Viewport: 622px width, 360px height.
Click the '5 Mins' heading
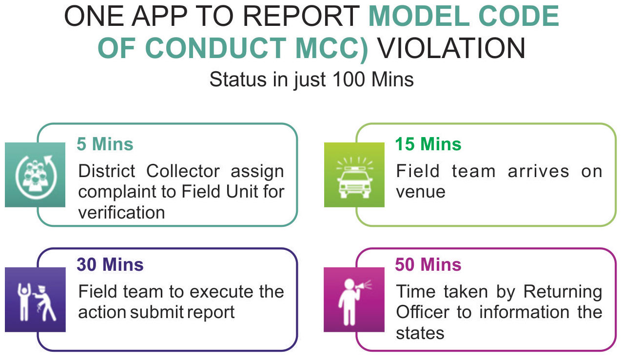point(105,144)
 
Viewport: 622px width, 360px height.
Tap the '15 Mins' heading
point(428,144)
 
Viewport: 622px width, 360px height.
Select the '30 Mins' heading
point(110,264)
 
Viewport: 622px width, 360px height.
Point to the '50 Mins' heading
point(428,264)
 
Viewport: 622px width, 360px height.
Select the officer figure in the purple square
point(44,303)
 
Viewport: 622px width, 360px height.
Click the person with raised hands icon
point(23,302)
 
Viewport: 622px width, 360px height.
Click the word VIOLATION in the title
point(451,48)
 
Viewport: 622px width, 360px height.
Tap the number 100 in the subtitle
point(349,80)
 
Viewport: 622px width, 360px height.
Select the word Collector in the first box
point(183,171)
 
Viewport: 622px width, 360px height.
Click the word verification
point(122,213)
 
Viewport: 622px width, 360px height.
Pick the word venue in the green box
point(421,192)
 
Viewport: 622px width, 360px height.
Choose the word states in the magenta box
point(420,333)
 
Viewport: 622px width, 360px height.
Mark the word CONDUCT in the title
point(215,48)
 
